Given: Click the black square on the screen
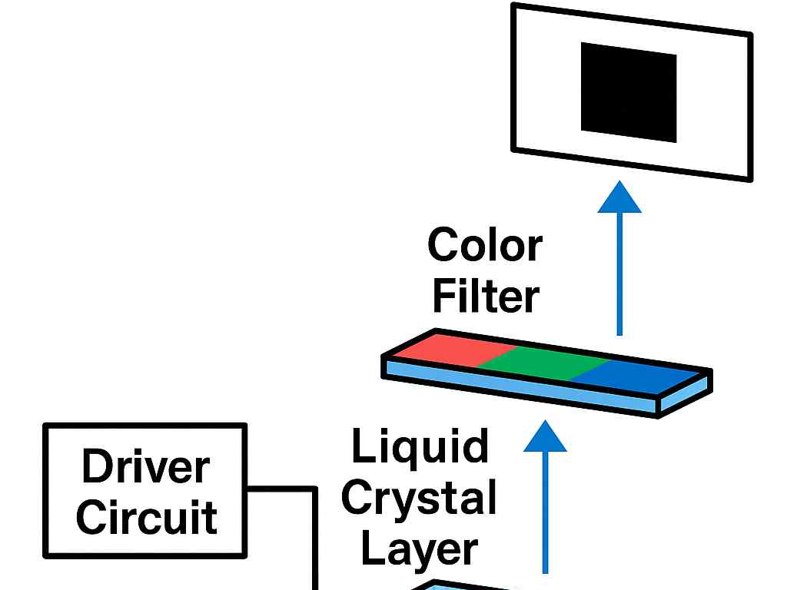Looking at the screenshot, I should pyautogui.click(x=629, y=92).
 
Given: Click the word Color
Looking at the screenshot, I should pyautogui.click(x=485, y=247).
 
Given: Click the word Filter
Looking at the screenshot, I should pyautogui.click(x=485, y=297).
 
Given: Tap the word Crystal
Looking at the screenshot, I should pyautogui.click(x=419, y=499).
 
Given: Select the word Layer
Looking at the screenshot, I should pyautogui.click(x=420, y=549).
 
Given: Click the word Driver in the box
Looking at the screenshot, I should pyautogui.click(x=145, y=467).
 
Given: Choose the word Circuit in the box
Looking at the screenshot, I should pyautogui.click(x=146, y=517).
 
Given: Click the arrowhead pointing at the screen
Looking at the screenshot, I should pyautogui.click(x=619, y=197).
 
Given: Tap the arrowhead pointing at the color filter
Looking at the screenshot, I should pyautogui.click(x=545, y=437).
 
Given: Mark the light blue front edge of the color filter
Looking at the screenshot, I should pyautogui.click(x=523, y=388).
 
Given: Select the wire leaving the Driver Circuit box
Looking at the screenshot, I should pyautogui.click(x=281, y=488).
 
